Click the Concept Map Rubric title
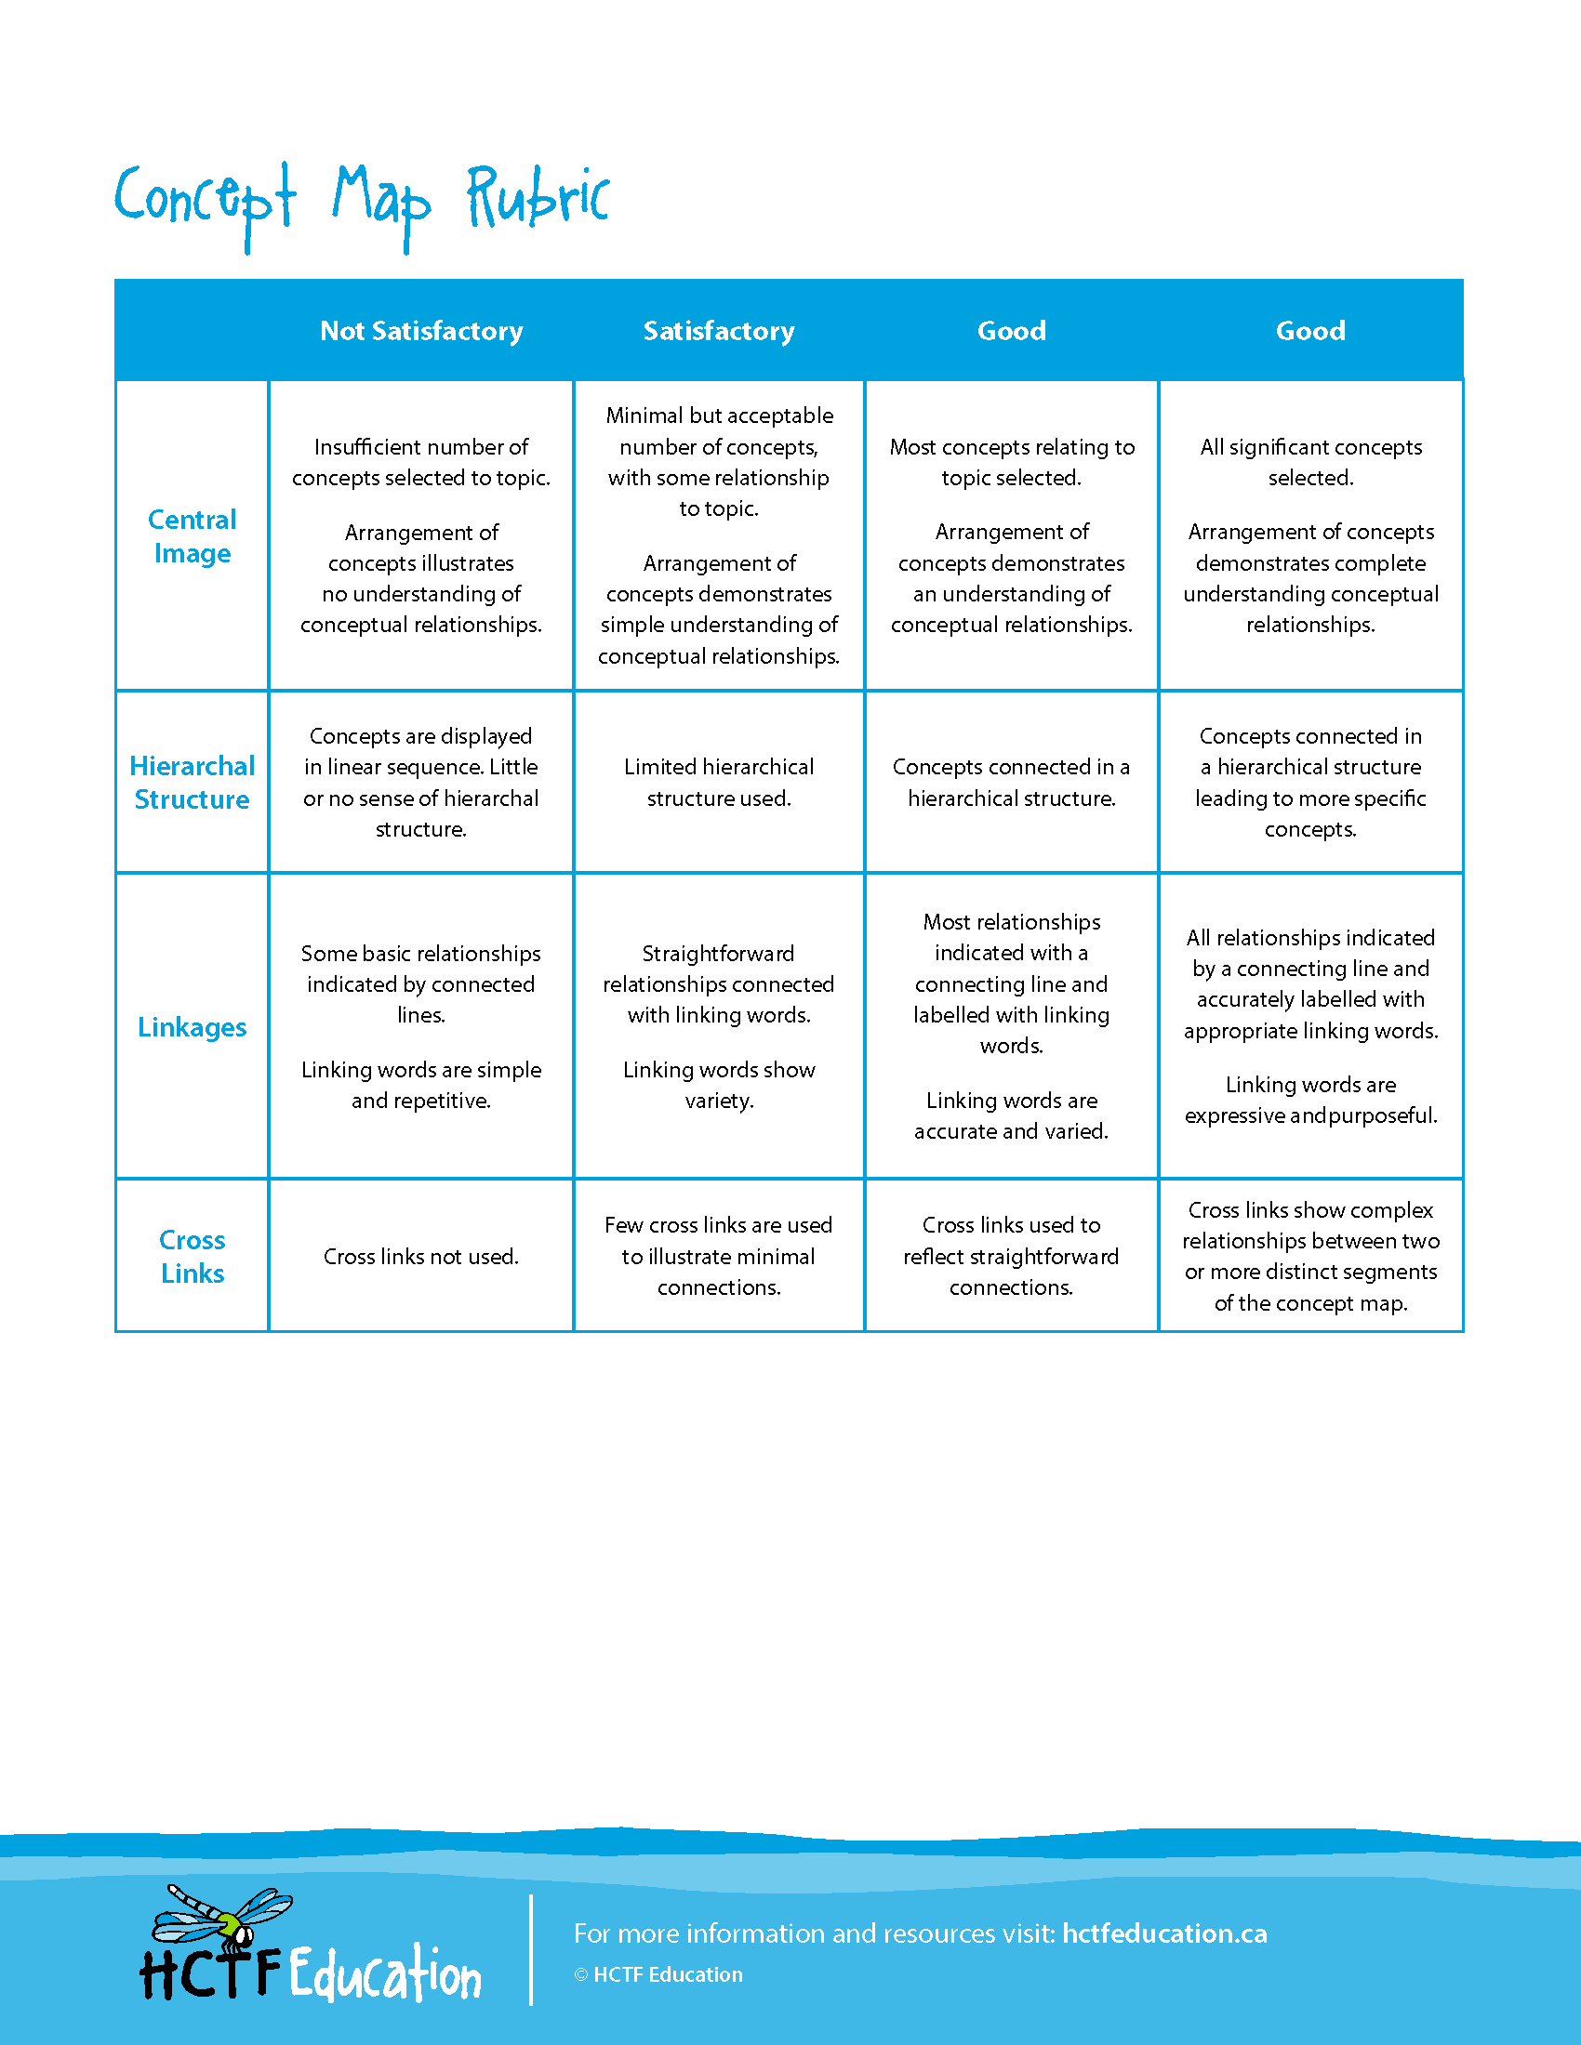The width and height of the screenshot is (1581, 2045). pyautogui.click(x=362, y=201)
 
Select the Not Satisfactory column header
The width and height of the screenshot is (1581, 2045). pyautogui.click(x=421, y=331)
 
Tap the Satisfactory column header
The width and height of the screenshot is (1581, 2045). pyautogui.click(x=718, y=331)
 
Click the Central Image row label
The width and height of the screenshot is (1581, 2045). pyautogui.click(x=192, y=536)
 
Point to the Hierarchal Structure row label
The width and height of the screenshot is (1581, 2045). pyautogui.click(x=192, y=782)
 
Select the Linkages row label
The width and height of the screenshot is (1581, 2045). pyautogui.click(x=192, y=1027)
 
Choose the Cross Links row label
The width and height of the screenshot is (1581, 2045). pyautogui.click(x=192, y=1256)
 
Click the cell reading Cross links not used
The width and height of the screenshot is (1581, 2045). pyautogui.click(x=420, y=1257)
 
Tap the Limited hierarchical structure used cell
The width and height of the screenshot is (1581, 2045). pyautogui.click(x=718, y=782)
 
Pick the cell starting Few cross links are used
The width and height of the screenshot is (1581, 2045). pyautogui.click(x=718, y=1256)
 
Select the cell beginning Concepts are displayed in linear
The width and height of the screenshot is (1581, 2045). pyautogui.click(x=420, y=782)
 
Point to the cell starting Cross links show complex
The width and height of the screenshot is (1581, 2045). pyautogui.click(x=1310, y=1256)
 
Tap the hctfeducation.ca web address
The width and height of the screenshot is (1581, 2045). pyautogui.click(x=1164, y=1933)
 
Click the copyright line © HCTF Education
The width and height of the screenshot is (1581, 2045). pyautogui.click(x=658, y=1974)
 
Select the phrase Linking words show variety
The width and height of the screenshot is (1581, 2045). pyautogui.click(x=718, y=1084)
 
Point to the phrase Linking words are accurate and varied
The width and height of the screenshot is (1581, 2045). pyautogui.click(x=1012, y=1115)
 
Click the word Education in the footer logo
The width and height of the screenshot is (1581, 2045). pyautogui.click(x=384, y=1972)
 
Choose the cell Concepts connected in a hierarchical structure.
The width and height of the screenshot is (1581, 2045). pyautogui.click(x=1012, y=782)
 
